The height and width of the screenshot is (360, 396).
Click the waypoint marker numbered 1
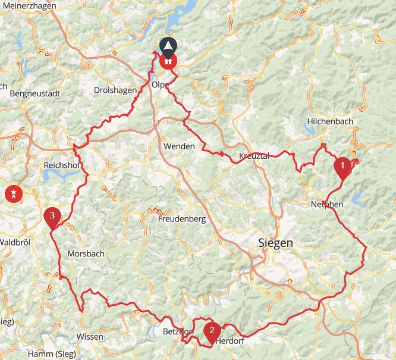342,166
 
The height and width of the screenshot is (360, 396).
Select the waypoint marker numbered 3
52,217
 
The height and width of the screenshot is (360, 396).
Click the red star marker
12,193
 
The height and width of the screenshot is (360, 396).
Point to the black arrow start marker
169,46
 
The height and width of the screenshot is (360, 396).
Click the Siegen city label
275,243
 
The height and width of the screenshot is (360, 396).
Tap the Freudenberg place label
182,219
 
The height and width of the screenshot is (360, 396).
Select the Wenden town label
178,146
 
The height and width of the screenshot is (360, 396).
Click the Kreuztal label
254,156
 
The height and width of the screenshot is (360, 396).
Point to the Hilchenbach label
330,121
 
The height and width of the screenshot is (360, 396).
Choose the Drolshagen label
115,90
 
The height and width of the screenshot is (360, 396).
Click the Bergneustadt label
36,93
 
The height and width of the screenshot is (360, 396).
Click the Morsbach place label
86,253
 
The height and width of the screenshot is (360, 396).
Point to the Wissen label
90,337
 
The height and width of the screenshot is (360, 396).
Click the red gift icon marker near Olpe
169,60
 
